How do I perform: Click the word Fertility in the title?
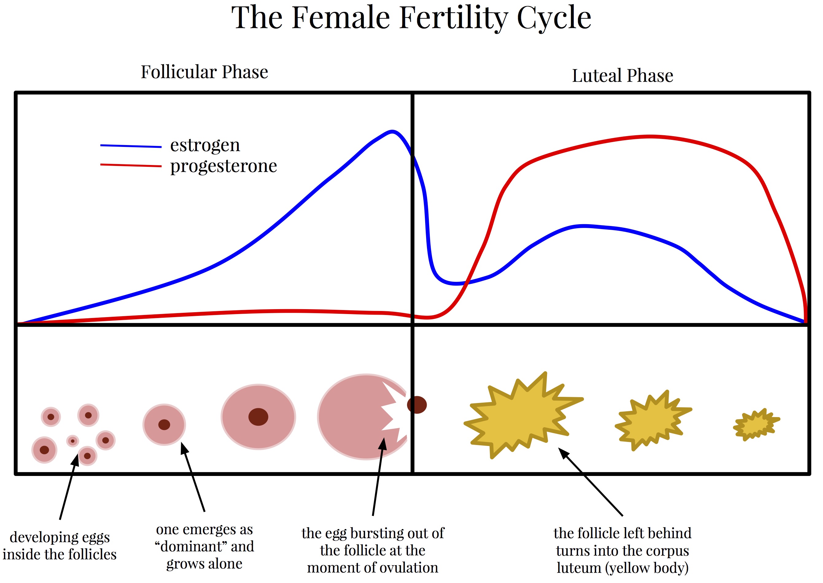454,18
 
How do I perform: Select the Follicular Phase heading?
204,72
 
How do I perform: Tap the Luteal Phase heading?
623,76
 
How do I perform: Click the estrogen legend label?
205,146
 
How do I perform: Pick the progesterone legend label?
223,166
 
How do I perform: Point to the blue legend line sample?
131,146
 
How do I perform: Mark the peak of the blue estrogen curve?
392,131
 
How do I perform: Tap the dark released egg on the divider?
417,405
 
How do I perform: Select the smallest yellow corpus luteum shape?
756,424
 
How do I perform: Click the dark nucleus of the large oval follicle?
258,417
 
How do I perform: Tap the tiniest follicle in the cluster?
72,441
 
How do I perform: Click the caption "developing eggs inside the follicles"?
60,546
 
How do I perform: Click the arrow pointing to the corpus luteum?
590,482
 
